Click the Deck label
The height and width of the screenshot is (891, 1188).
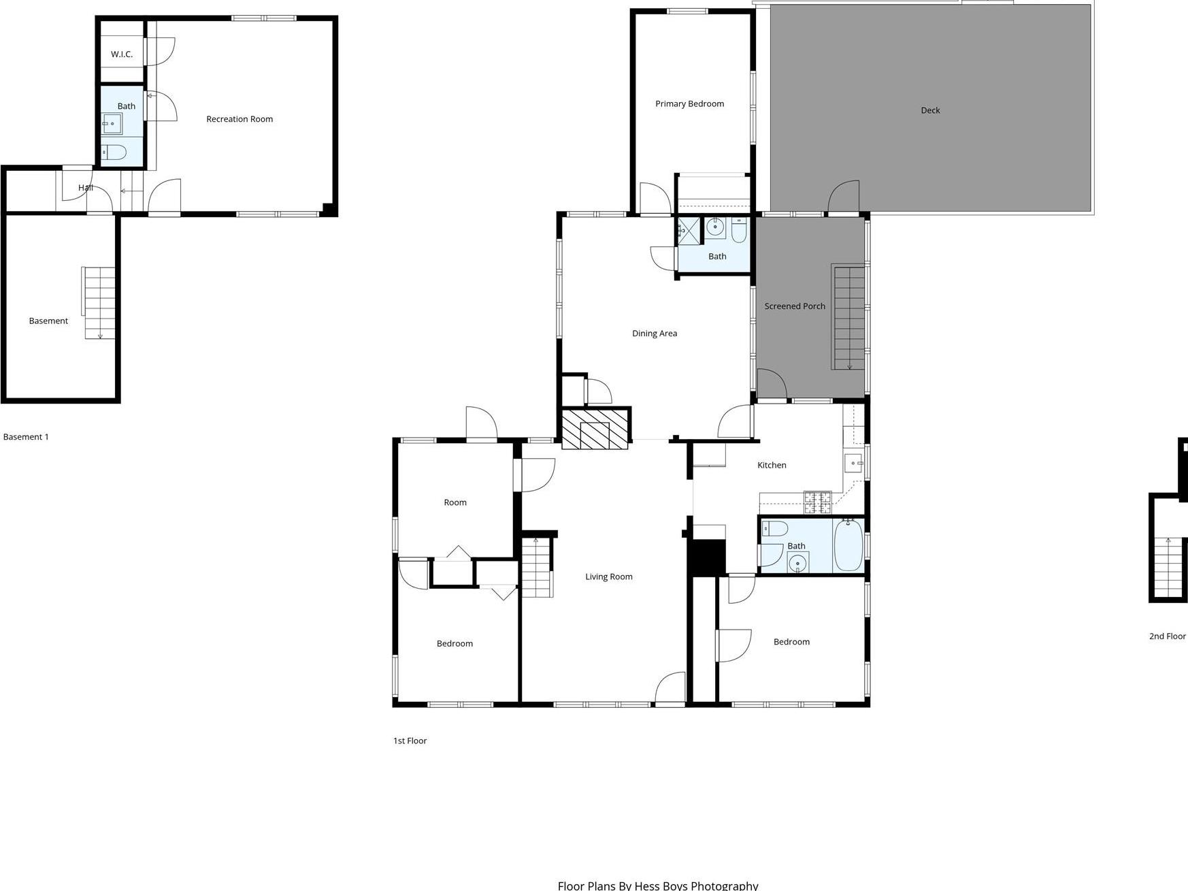tap(929, 110)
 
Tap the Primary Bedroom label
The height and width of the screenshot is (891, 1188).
tap(689, 104)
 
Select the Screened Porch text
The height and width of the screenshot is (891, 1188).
tap(794, 306)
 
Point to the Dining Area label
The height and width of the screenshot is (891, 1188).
tap(654, 334)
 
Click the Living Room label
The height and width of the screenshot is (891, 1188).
tap(608, 577)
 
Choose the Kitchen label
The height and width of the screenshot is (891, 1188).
tap(772, 466)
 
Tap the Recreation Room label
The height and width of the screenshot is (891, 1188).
tap(240, 119)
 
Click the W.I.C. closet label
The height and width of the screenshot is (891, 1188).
tap(122, 54)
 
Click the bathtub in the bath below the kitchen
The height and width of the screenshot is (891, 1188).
tap(848, 545)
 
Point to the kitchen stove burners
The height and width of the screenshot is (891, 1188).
tap(817, 502)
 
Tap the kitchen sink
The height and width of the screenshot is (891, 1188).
tap(853, 463)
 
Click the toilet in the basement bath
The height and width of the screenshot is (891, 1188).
tap(114, 152)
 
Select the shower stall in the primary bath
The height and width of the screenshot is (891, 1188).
tap(688, 230)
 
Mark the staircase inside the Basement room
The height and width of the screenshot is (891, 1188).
tap(100, 303)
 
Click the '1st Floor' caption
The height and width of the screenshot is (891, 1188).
tap(410, 741)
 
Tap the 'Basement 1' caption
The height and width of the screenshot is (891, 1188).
tap(26, 437)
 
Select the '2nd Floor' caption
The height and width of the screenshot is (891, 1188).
tap(1167, 636)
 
